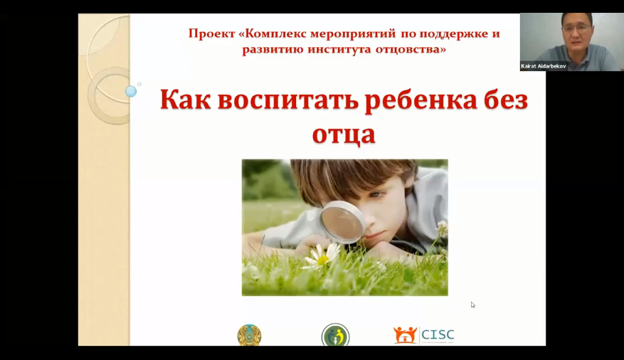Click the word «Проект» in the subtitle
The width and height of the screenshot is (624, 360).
tap(211, 33)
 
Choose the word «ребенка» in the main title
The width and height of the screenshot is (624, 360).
tap(418, 100)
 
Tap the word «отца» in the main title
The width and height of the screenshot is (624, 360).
tap(344, 133)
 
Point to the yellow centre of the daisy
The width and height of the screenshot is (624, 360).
tap(322, 260)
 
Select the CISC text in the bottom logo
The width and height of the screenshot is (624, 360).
tap(438, 334)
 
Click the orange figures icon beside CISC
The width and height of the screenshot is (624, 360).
tap(406, 335)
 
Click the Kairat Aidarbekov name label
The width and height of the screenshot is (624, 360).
tap(544, 66)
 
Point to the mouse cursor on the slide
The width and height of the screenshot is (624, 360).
tap(472, 305)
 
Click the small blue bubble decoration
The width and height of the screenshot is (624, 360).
tap(131, 91)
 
